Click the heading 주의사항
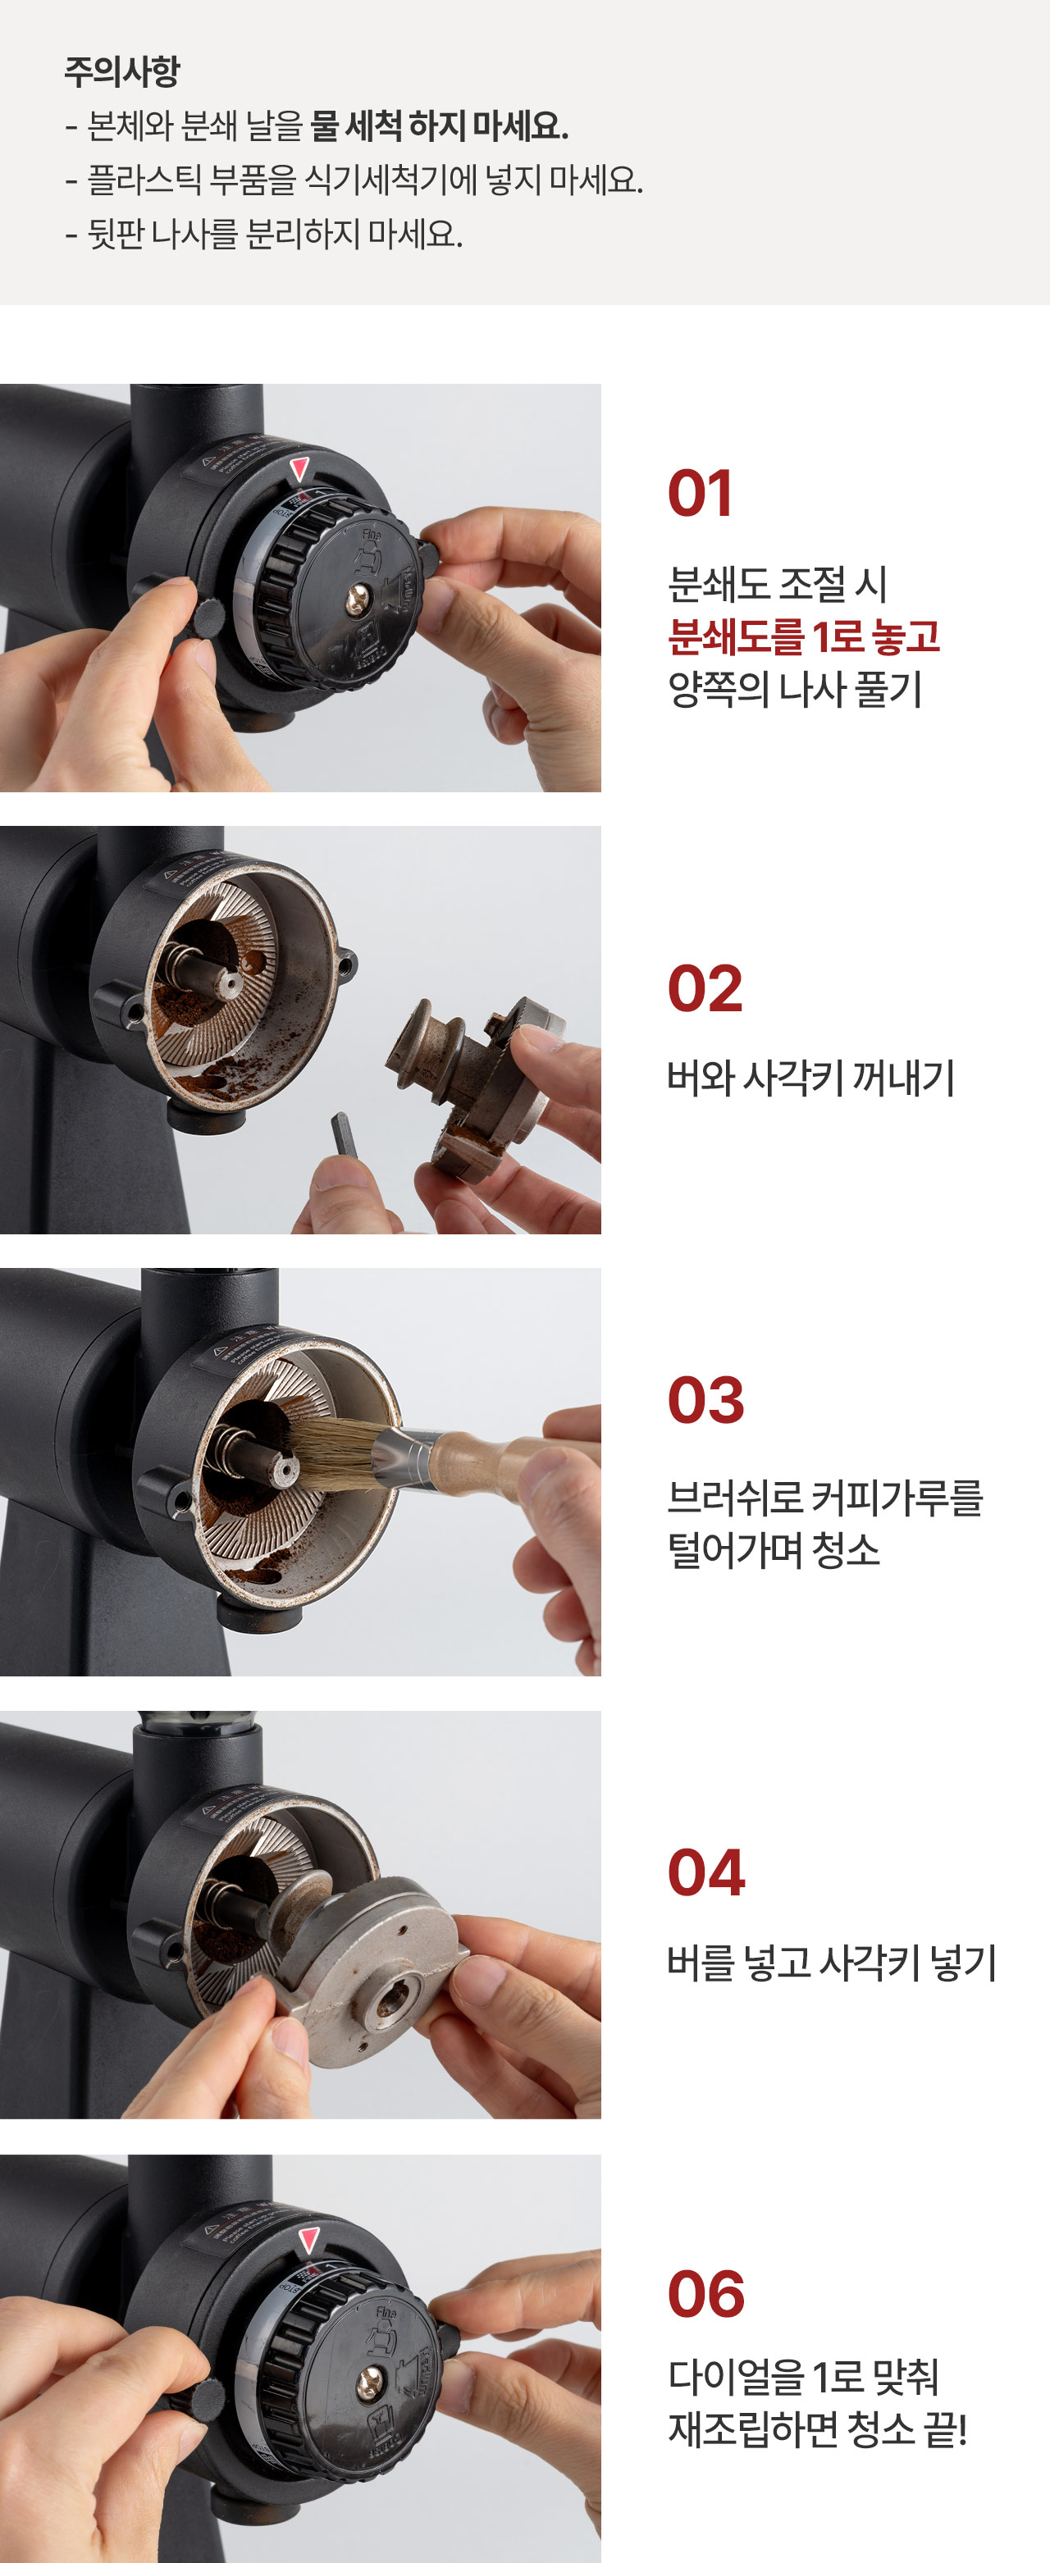coord(121,71)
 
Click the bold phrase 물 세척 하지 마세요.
coord(439,125)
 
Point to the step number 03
coord(705,1400)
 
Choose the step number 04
coord(705,1872)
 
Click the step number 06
coord(705,2294)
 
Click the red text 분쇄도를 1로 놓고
coord(804,636)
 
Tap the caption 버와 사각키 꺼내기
coord(811,1077)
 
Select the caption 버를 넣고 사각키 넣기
coord(832,1962)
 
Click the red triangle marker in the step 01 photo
coord(299,468)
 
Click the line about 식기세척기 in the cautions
coord(354,180)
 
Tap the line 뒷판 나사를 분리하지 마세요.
coord(264,234)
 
